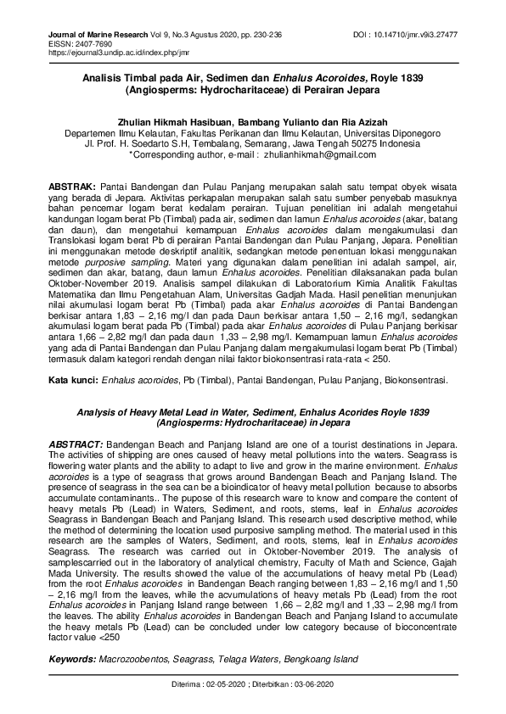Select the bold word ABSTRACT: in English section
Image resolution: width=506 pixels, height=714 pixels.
[76, 444]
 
